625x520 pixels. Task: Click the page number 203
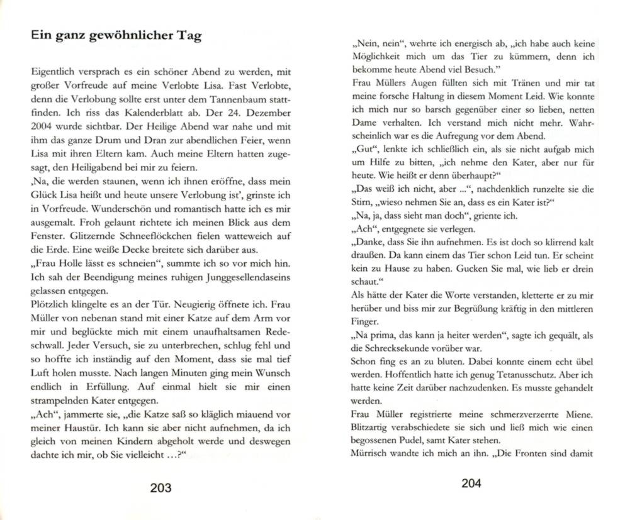156,487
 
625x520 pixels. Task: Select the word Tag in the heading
189,35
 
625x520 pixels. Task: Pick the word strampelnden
65,401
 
